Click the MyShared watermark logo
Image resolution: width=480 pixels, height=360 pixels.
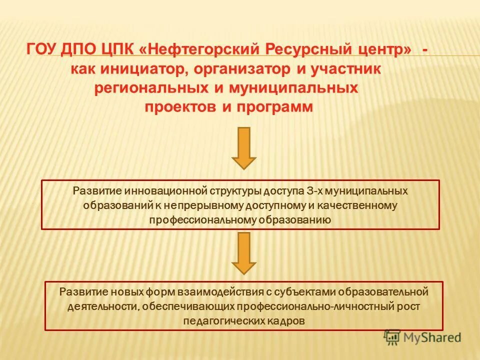coord(422,337)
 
